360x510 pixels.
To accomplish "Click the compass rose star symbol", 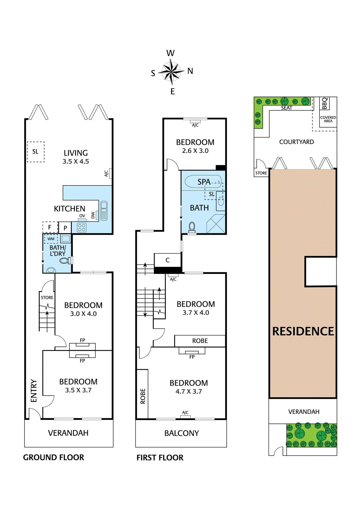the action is (x=171, y=72).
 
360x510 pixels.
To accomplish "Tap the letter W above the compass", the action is (x=170, y=53).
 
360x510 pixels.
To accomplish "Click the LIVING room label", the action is (x=76, y=153).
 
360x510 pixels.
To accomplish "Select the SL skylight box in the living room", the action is (x=36, y=152).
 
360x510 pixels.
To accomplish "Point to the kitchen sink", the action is (x=104, y=211).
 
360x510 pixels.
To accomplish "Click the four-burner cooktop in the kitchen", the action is (x=81, y=227).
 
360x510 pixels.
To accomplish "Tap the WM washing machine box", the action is (x=51, y=239).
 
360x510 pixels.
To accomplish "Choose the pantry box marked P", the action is (x=65, y=228).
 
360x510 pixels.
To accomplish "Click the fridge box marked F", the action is (x=50, y=227).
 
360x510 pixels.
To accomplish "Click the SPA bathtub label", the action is (x=204, y=182).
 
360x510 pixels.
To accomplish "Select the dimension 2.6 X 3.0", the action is (x=195, y=151).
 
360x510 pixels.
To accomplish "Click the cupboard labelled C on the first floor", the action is (x=168, y=260).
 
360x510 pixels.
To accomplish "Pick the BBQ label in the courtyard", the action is (x=325, y=103).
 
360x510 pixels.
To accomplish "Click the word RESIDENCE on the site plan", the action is (x=303, y=331).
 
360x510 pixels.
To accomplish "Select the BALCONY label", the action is (x=182, y=433).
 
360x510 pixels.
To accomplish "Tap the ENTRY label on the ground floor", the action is (x=34, y=391).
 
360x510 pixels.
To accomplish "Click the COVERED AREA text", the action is (x=328, y=119).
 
